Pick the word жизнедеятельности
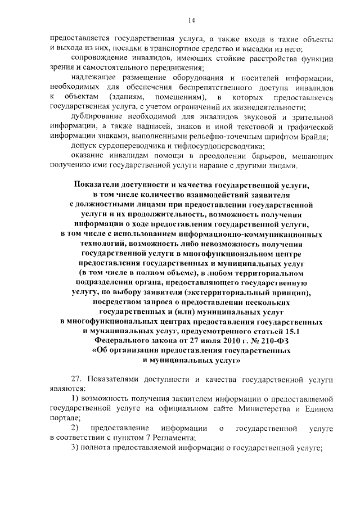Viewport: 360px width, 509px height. [x=271, y=107]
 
